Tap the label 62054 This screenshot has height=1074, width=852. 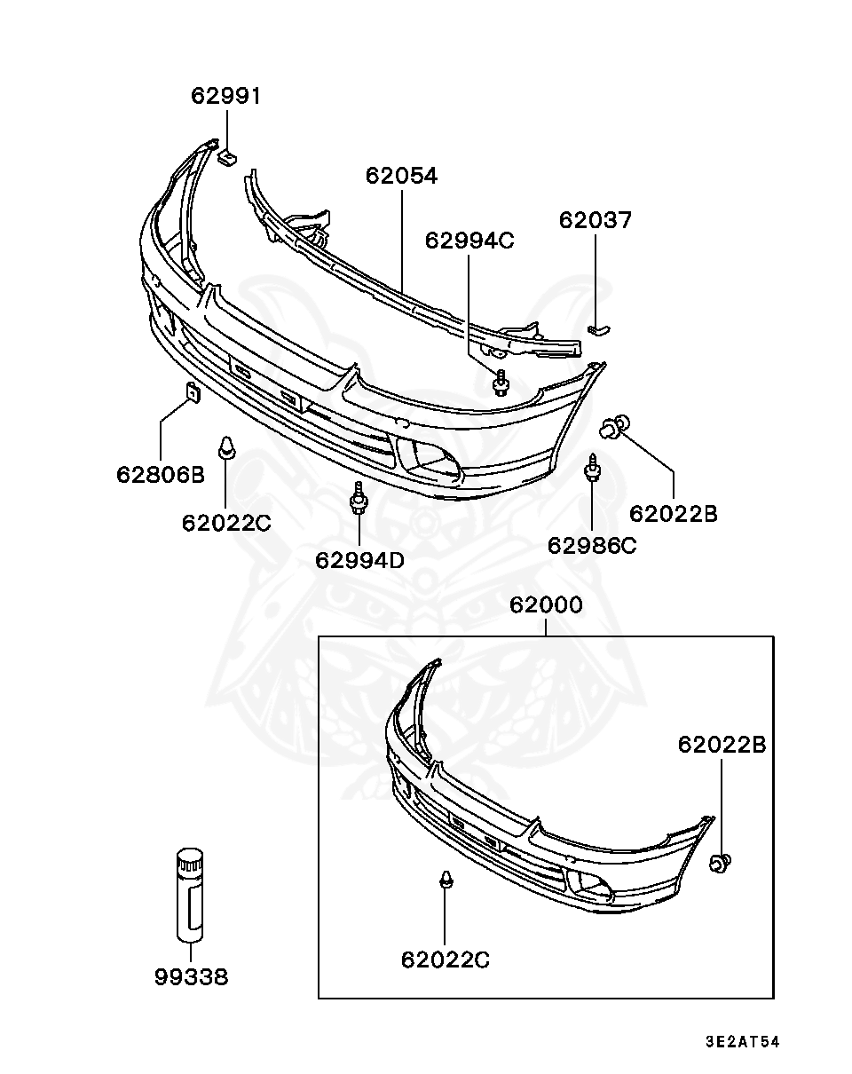click(401, 176)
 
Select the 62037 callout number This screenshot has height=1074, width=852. click(595, 220)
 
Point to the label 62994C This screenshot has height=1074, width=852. click(469, 241)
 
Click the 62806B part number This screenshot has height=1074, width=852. click(161, 474)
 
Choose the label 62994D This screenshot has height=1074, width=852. click(359, 560)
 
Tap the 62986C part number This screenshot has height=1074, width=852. click(592, 546)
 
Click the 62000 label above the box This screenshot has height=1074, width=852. click(546, 604)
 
